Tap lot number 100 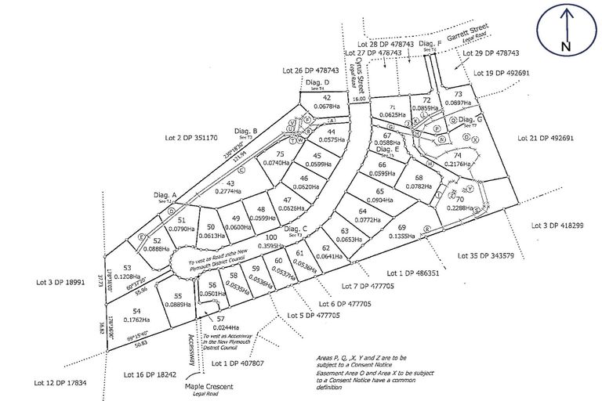point(270,237)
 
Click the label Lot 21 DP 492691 point(546,138)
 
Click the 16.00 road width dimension point(359,99)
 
